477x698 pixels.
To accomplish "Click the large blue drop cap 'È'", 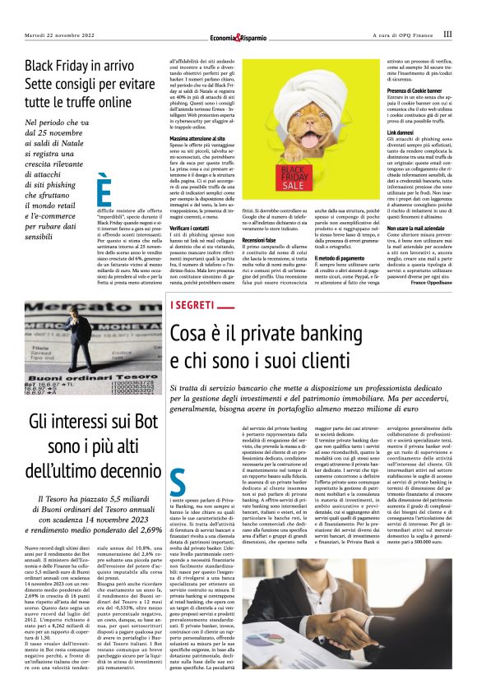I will coord(104,192).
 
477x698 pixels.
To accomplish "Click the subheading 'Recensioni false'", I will coord(263,239).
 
